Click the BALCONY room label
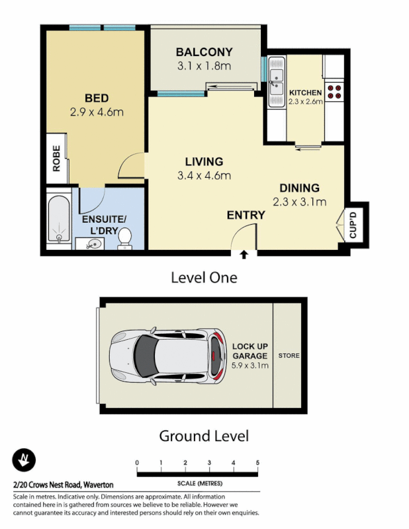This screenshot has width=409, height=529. click(204, 52)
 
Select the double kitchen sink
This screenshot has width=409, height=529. click(276, 81)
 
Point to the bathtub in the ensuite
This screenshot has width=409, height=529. click(60, 220)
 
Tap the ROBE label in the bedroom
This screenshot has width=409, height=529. click(56, 158)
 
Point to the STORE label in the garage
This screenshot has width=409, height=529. click(289, 356)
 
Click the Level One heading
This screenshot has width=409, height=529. click(204, 277)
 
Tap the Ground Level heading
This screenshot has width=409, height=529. click(204, 436)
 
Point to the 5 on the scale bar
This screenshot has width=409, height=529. click(257, 462)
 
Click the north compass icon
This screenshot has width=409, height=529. click(24, 460)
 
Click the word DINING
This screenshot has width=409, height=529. click(299, 188)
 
